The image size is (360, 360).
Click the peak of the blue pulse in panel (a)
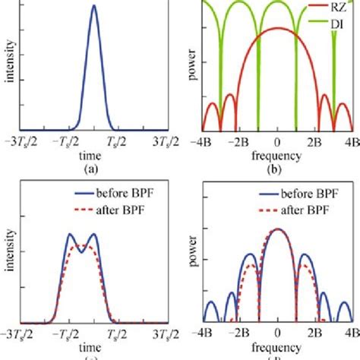point(93,7)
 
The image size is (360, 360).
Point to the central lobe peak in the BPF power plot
point(278,229)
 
